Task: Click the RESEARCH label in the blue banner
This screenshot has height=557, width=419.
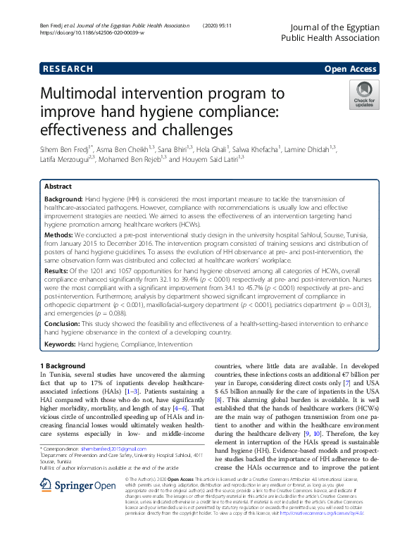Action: pyautogui.click(x=67, y=69)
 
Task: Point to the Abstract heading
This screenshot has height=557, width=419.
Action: pyautogui.click(x=58, y=187)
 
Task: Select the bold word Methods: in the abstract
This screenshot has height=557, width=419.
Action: pyautogui.click(x=59, y=232)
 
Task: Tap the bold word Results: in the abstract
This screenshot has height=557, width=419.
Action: pyautogui.click(x=58, y=270)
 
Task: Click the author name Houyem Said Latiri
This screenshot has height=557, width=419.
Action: pyautogui.click(x=210, y=159)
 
